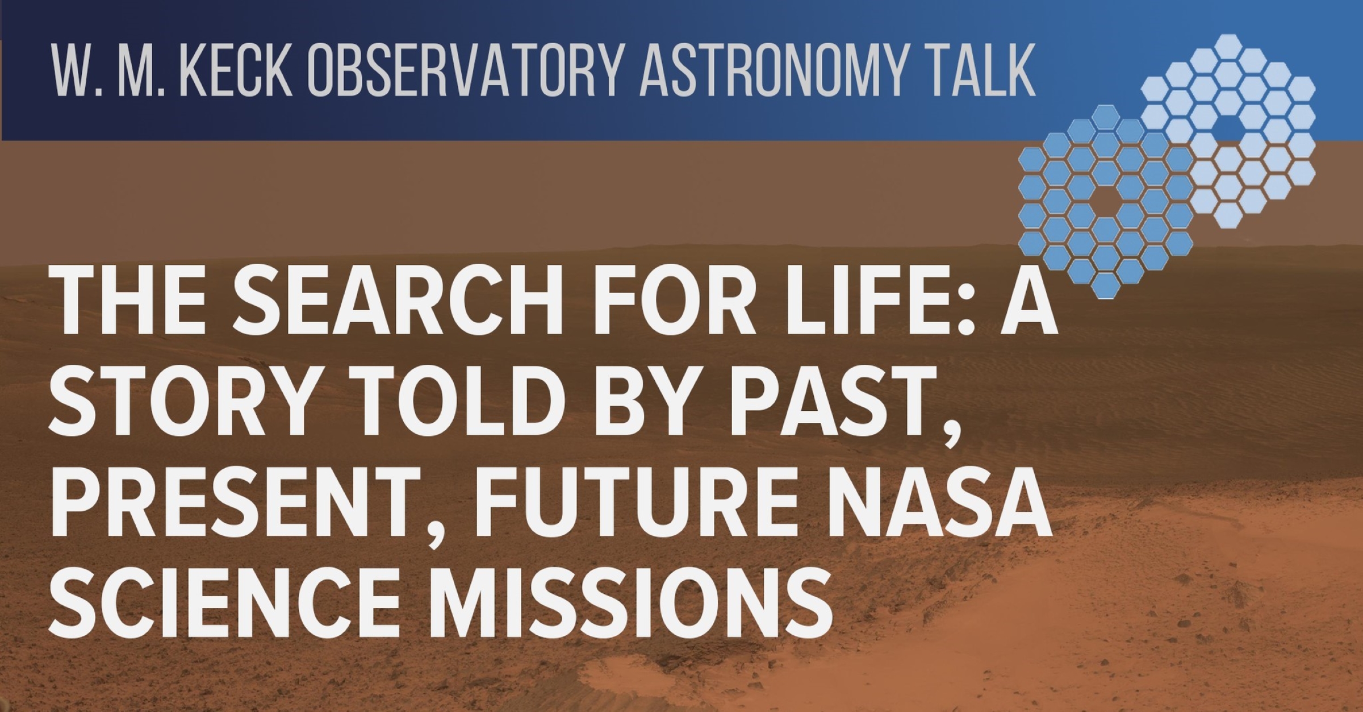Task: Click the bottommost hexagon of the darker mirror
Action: coord(1105,285)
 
